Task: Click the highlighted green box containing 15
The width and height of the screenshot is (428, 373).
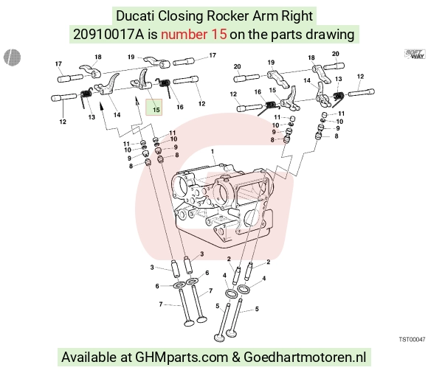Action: [x=154, y=107]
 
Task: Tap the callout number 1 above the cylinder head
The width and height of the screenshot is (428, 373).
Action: [x=213, y=151]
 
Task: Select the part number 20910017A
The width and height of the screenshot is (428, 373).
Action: [x=108, y=35]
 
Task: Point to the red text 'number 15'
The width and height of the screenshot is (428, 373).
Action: [x=194, y=35]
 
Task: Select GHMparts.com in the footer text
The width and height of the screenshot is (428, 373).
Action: [x=182, y=358]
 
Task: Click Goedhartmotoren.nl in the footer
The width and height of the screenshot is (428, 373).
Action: [x=305, y=358]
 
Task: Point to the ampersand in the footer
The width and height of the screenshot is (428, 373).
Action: [x=236, y=358]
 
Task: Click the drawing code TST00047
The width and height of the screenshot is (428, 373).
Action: [x=413, y=340]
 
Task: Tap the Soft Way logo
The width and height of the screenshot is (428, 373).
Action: [x=415, y=54]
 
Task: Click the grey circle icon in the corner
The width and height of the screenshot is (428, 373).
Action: [x=13, y=57]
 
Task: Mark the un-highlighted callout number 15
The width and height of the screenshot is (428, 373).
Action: [x=272, y=90]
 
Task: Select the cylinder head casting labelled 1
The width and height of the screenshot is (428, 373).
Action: [x=222, y=205]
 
